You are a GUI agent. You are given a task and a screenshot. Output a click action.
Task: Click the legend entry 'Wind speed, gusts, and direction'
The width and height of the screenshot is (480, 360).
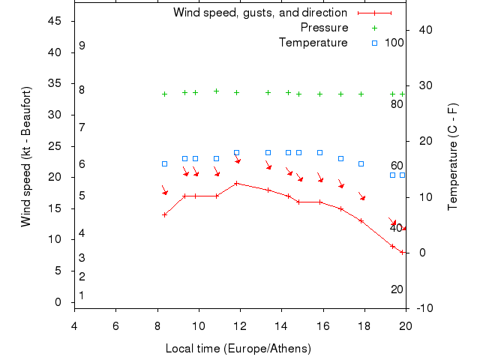[x=259, y=13]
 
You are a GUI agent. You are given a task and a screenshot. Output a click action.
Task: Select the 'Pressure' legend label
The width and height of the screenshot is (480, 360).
[x=324, y=28]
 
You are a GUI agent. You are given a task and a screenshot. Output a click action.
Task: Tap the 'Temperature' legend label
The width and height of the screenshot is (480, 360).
[x=313, y=43]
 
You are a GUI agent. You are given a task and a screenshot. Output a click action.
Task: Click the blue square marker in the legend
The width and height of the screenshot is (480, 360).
[x=374, y=43]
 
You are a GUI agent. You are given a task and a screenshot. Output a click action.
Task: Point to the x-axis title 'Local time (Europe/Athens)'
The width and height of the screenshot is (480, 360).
[x=238, y=349]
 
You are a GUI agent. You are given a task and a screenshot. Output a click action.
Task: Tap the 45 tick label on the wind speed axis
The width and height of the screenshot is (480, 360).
[x=55, y=21]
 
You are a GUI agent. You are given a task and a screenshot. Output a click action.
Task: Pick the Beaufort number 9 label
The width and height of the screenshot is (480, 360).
[x=82, y=46]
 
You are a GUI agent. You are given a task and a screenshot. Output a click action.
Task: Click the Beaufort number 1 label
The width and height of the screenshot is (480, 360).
[x=82, y=295]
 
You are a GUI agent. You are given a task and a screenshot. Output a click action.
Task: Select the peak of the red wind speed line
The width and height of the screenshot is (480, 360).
[x=236, y=183]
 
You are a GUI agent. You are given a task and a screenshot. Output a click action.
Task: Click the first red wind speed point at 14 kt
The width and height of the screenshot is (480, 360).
[x=164, y=214]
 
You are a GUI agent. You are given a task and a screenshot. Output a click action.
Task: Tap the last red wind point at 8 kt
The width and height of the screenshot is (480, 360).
[x=403, y=252]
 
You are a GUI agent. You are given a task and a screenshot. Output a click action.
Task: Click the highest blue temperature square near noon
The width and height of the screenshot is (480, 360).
[x=236, y=152]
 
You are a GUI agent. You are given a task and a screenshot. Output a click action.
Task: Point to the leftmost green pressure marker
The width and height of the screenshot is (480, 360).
[x=164, y=94]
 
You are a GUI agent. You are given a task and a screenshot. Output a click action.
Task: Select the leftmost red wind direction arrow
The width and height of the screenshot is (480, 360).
[x=164, y=190]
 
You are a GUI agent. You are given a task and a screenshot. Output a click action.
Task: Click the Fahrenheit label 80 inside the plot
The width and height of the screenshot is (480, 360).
[x=397, y=104]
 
